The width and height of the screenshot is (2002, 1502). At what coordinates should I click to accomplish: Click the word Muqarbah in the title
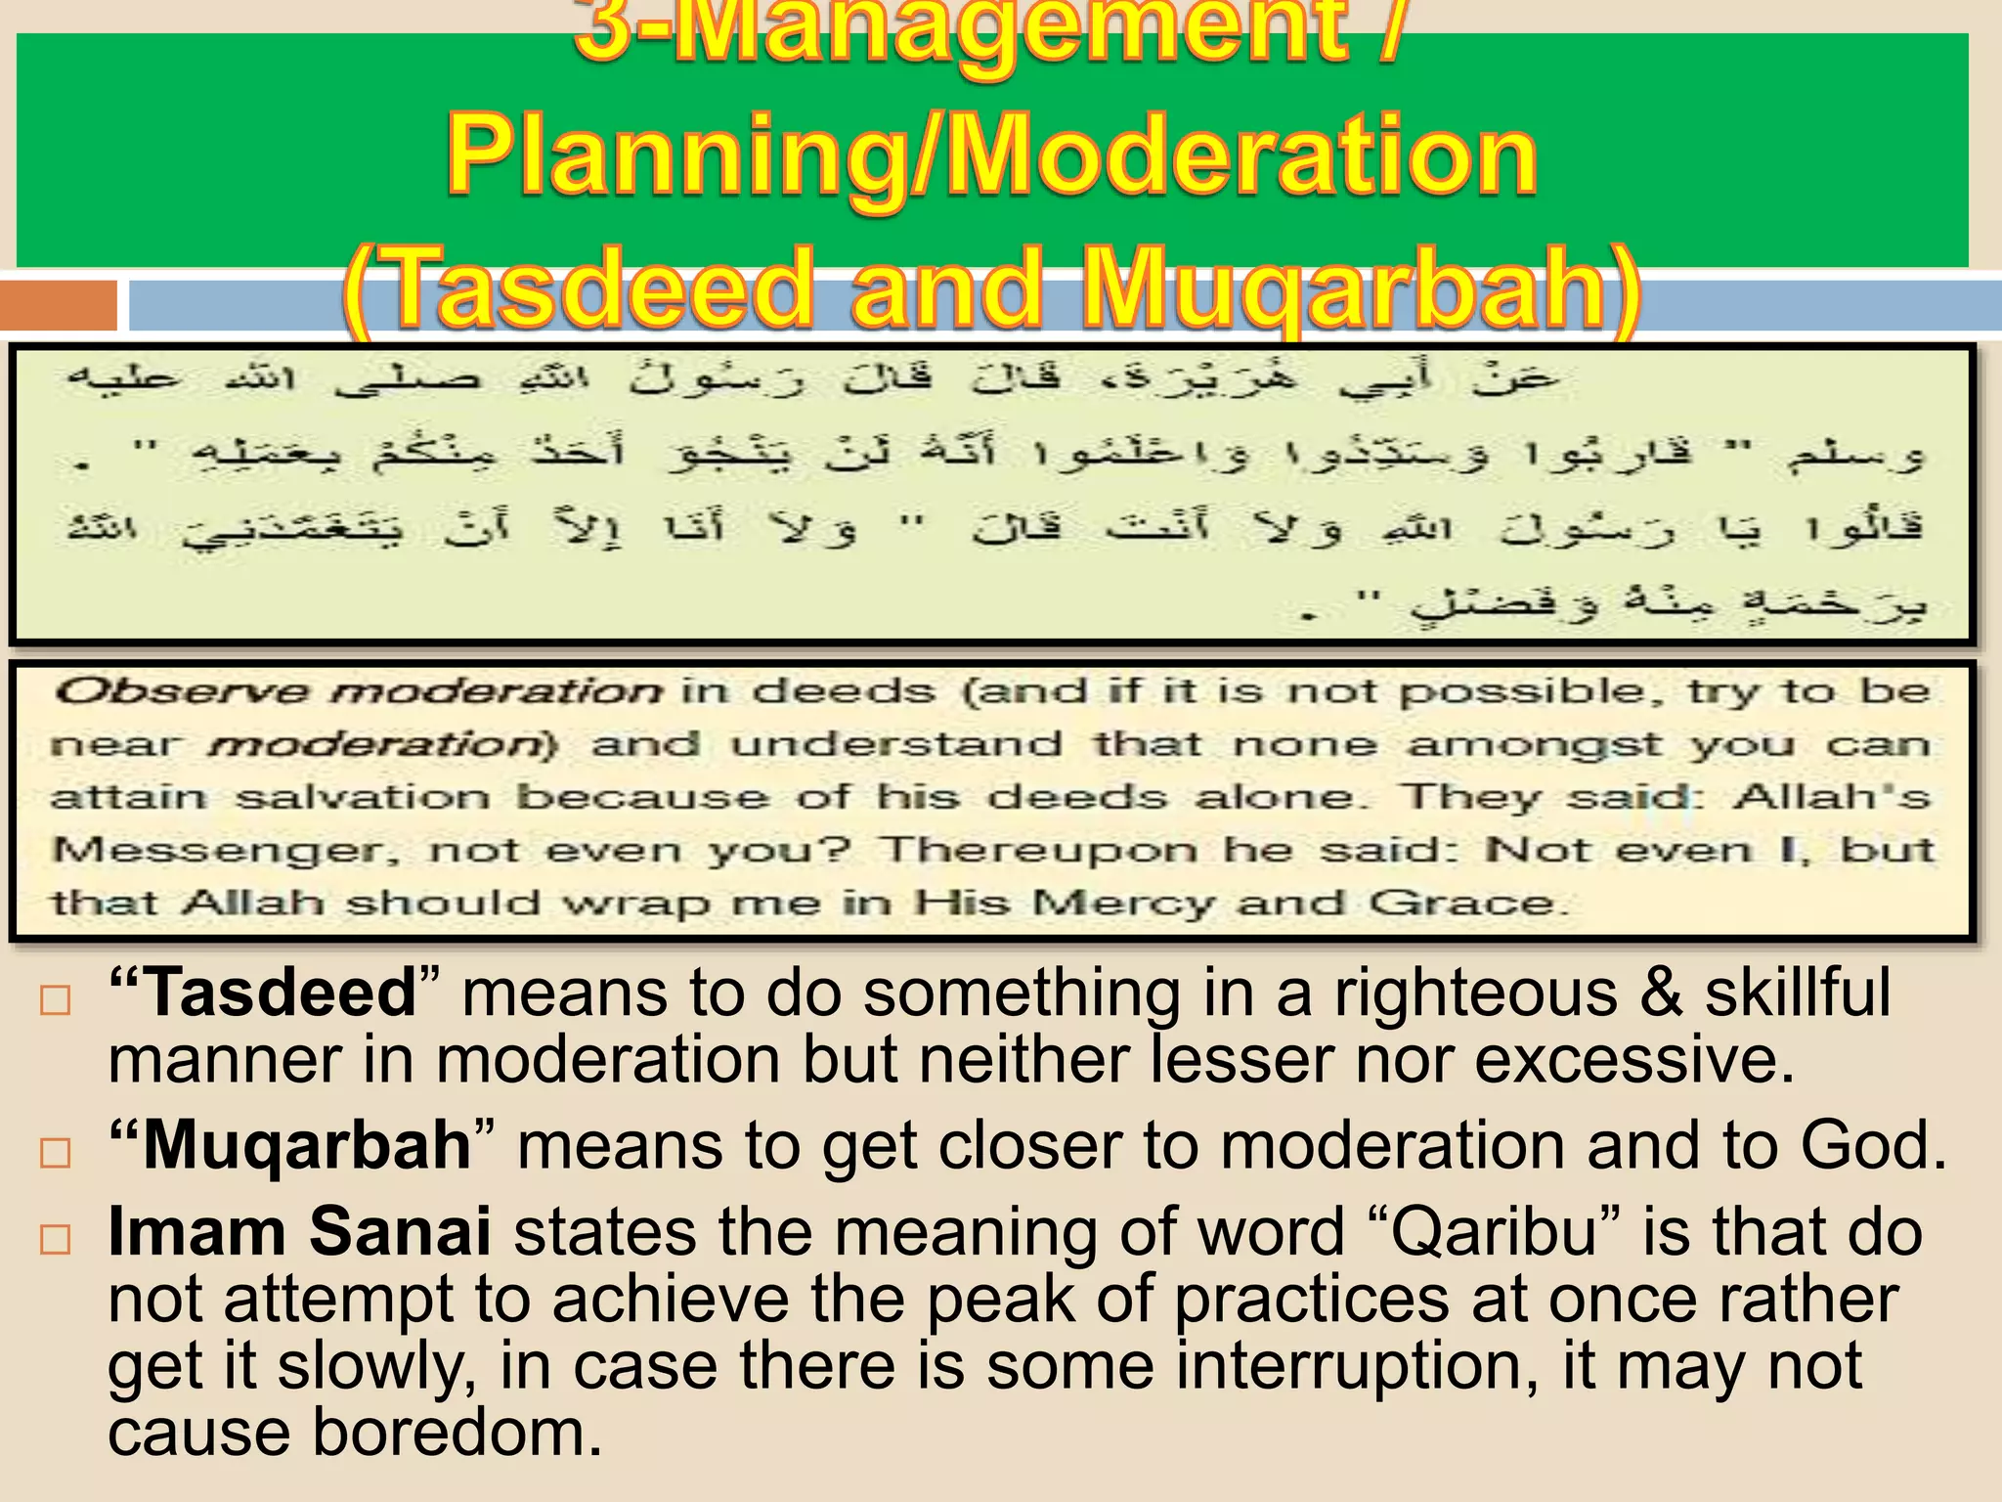(1344, 288)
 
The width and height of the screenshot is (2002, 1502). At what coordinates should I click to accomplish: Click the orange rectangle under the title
(59, 305)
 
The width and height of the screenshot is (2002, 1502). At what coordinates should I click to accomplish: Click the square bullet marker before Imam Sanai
(56, 1239)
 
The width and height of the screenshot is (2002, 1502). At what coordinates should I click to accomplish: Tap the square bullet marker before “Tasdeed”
(56, 1000)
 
